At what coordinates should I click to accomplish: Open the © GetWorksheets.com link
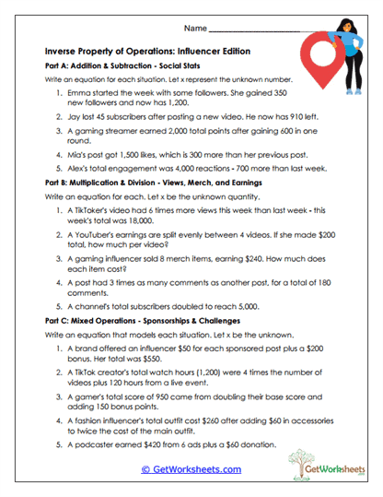tap(191, 469)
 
